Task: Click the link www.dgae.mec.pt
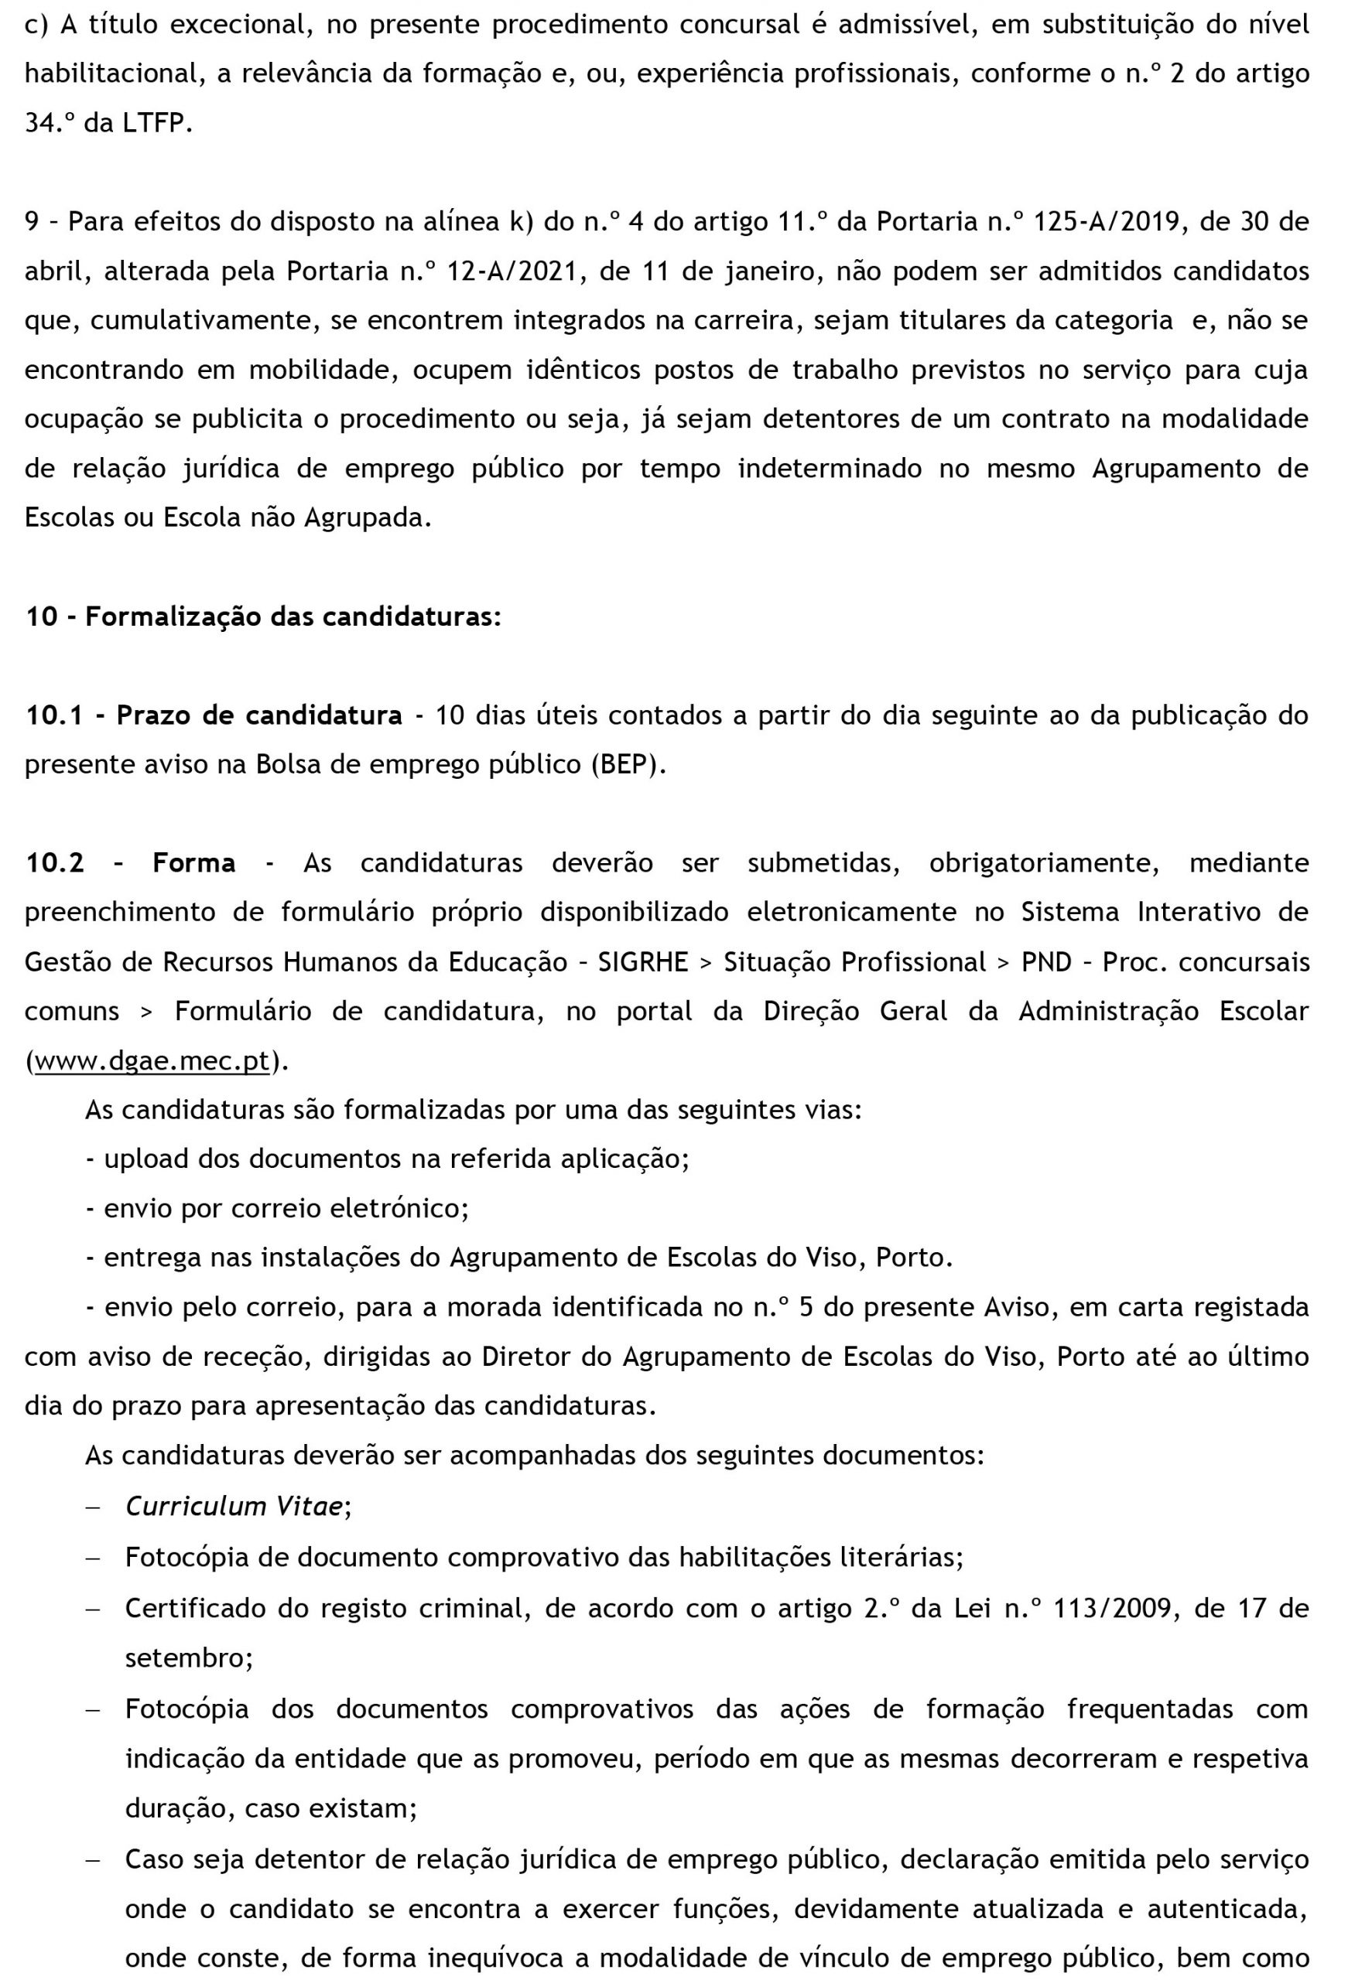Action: (152, 1062)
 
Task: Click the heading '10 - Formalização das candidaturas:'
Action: (262, 616)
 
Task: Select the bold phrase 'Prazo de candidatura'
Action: (259, 715)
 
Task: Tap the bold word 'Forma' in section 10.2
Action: (193, 863)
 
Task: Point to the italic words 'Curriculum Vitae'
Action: (234, 1507)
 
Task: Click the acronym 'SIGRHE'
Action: (642, 962)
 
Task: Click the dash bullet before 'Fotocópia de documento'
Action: (93, 1558)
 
